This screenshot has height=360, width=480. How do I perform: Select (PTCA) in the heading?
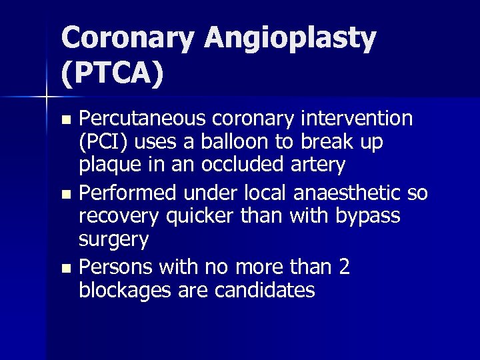112,73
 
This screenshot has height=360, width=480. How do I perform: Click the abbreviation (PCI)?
104,143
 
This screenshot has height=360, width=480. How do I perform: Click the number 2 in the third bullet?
343,267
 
